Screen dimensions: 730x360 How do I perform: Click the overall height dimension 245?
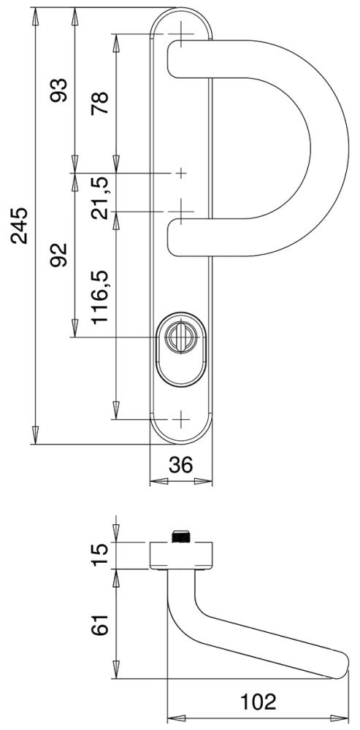pyautogui.click(x=19, y=226)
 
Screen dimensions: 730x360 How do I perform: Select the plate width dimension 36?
pyautogui.click(x=180, y=465)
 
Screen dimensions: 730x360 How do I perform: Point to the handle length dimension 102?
pyautogui.click(x=258, y=702)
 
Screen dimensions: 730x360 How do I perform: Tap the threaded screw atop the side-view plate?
pyautogui.click(x=180, y=537)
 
